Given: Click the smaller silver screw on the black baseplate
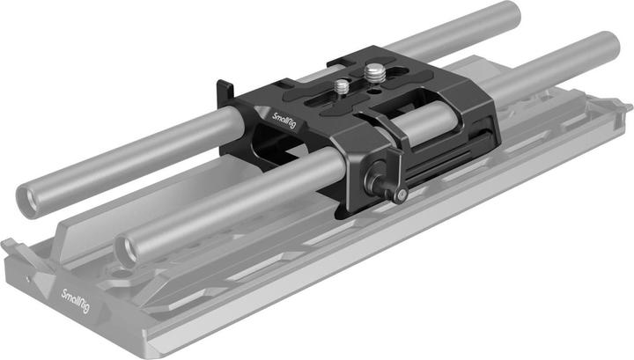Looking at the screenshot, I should (342, 86).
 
